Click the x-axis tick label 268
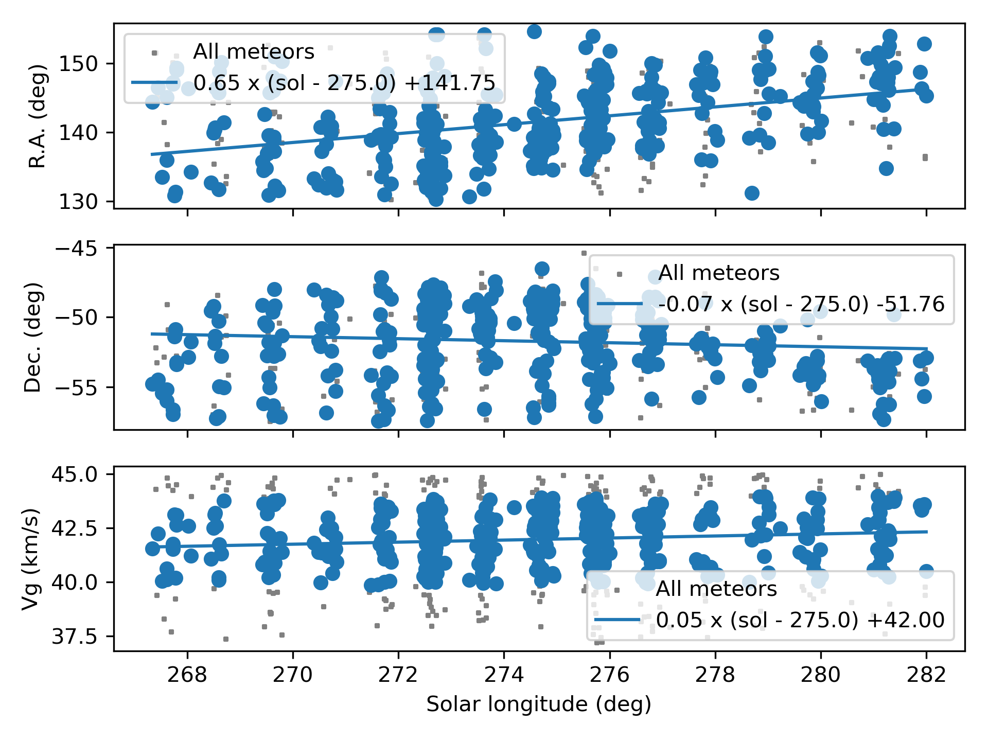coord(187,675)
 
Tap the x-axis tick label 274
coord(504,675)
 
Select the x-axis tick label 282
coord(926,675)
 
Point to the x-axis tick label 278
coord(715,675)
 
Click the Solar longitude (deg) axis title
coord(539,704)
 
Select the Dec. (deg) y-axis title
coord(33,337)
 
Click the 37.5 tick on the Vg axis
coord(75,637)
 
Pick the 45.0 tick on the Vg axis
coord(75,474)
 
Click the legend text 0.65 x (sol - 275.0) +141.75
coord(344,83)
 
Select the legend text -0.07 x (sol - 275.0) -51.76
coord(801,304)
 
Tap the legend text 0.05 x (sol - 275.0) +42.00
coord(800,620)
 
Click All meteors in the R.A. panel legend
coord(254,52)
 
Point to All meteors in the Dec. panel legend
coord(719,273)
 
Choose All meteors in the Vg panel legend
coord(716,589)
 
